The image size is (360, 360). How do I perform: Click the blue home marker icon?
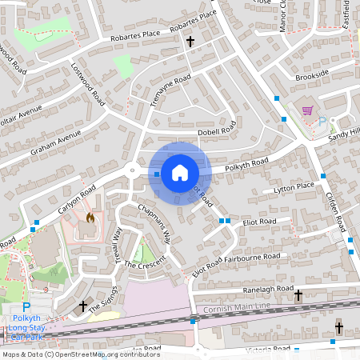click(x=179, y=173)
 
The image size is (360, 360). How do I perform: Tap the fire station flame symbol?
click(x=90, y=217)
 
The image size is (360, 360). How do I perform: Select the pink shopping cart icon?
click(x=307, y=110)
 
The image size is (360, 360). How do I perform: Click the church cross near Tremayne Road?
click(x=190, y=41)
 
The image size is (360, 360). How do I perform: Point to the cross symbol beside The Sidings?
click(x=83, y=306)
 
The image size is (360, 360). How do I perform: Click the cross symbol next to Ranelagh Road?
click(x=298, y=295)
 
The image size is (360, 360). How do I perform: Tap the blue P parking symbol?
click(x=26, y=307)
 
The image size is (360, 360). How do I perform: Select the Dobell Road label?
click(x=216, y=130)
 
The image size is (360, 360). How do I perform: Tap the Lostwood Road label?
click(x=88, y=85)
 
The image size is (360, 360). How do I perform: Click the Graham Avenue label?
click(x=57, y=143)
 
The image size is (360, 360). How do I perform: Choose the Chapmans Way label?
click(x=154, y=223)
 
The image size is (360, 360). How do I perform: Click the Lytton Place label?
click(x=294, y=186)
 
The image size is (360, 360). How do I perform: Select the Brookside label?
click(x=311, y=74)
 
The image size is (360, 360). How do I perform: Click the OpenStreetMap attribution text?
click(x=70, y=354)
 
